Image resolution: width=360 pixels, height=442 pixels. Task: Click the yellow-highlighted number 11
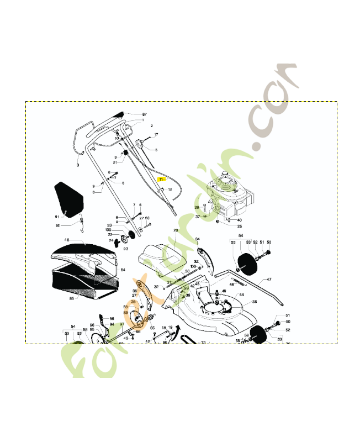[x=161, y=180]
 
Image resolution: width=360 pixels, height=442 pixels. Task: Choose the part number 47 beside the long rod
[x=269, y=280]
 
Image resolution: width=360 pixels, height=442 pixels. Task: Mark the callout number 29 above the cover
[x=176, y=230]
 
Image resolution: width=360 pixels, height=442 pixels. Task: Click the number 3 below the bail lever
[x=78, y=165]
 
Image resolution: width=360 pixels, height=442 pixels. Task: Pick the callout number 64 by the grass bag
[x=123, y=269]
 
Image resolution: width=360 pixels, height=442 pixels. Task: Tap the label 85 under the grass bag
[x=71, y=298]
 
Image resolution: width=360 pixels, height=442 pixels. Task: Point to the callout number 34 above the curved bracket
[x=198, y=239]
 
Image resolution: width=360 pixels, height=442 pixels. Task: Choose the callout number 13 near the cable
[x=170, y=190]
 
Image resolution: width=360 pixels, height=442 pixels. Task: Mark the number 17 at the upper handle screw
[x=156, y=135]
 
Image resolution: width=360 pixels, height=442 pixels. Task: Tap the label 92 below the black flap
[x=57, y=225]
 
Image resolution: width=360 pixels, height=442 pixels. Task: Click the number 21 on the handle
[x=115, y=162]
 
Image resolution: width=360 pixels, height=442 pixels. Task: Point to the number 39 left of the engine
[x=196, y=207]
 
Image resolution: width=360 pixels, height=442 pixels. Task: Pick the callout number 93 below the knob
[x=126, y=249]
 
